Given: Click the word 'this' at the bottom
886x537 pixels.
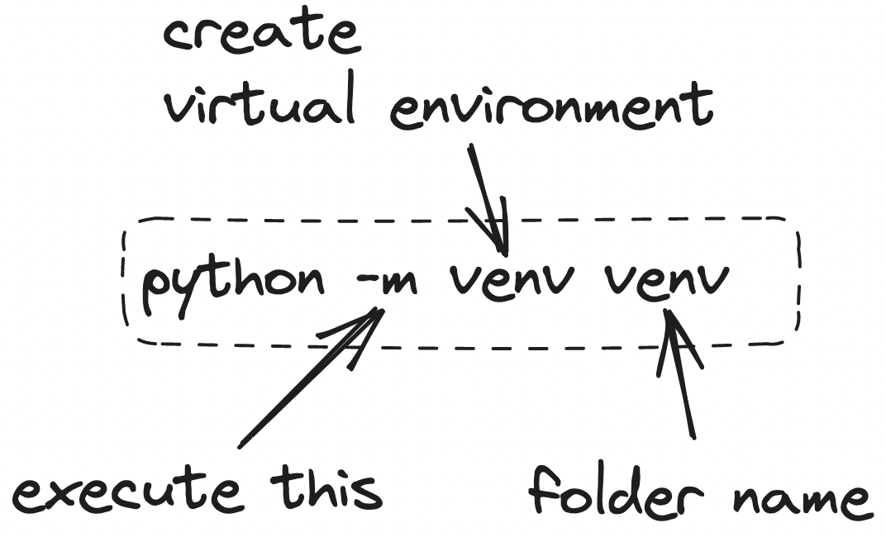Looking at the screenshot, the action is pos(326,490).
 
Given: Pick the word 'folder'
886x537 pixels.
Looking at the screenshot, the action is pos(617,489).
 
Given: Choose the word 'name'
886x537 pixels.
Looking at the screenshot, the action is pos(799,499).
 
